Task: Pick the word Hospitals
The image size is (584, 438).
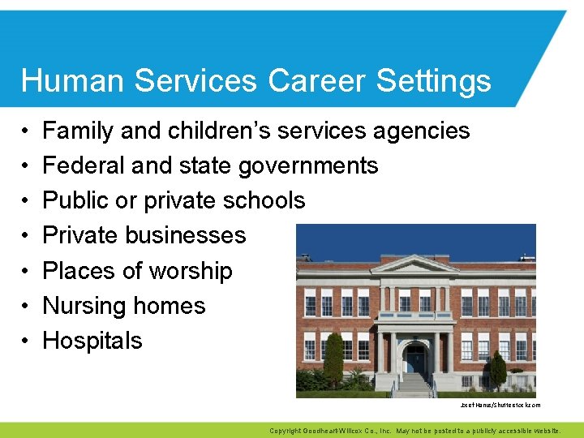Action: pyautogui.click(x=92, y=341)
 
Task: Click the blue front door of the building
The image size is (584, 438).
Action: pyautogui.click(x=415, y=360)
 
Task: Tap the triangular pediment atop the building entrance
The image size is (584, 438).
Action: pyautogui.click(x=414, y=264)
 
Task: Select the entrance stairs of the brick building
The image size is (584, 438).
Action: pyautogui.click(x=415, y=383)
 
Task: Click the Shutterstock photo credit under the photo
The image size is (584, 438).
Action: pyautogui.click(x=500, y=405)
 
